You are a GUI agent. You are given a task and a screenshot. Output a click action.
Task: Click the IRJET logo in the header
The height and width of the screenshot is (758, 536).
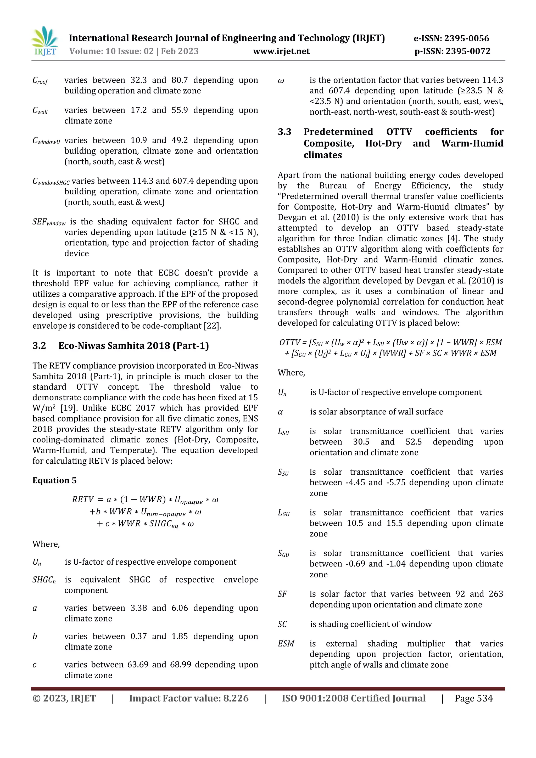coord(45,42)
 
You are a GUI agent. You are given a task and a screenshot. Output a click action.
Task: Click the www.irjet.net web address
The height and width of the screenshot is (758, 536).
coord(281,51)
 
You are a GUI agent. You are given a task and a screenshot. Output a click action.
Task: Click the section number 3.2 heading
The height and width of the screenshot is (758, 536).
coord(39,346)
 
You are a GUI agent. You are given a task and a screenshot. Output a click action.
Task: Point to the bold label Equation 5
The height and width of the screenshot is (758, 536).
coord(54,480)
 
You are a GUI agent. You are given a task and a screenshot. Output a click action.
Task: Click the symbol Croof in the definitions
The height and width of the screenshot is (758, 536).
coord(40,81)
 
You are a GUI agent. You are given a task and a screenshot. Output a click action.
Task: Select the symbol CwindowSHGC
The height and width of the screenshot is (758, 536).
coord(51,182)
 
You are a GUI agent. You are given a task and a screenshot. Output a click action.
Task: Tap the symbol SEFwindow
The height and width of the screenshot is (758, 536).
coord(49,222)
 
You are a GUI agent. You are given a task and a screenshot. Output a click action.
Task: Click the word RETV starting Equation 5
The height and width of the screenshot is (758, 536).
coord(83,499)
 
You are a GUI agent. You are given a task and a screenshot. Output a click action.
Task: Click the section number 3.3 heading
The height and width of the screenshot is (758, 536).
coord(284,132)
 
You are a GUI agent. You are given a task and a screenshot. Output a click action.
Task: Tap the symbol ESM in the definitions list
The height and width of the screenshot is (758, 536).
coord(286,643)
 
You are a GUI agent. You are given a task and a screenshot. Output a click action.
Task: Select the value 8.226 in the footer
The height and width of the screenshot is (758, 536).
coord(236,698)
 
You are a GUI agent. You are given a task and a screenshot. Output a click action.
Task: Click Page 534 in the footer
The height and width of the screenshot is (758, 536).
coord(473,698)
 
